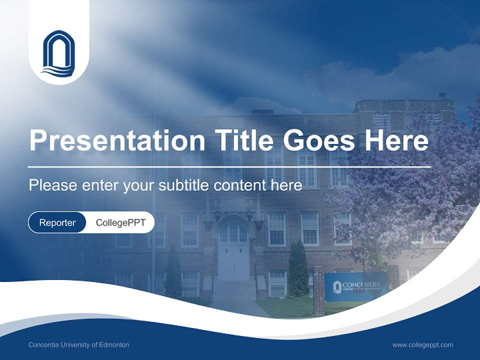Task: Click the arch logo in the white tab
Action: pos(59,53)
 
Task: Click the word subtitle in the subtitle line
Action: pos(183,185)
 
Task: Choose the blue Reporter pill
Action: pos(57,222)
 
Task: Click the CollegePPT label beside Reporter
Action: pos(120,222)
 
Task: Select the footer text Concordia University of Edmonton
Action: pos(79,345)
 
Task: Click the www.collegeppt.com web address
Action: pos(422,345)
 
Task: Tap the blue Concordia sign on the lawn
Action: pos(355,287)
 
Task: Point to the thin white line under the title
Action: pos(230,166)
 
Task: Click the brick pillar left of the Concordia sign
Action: pos(318,290)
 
